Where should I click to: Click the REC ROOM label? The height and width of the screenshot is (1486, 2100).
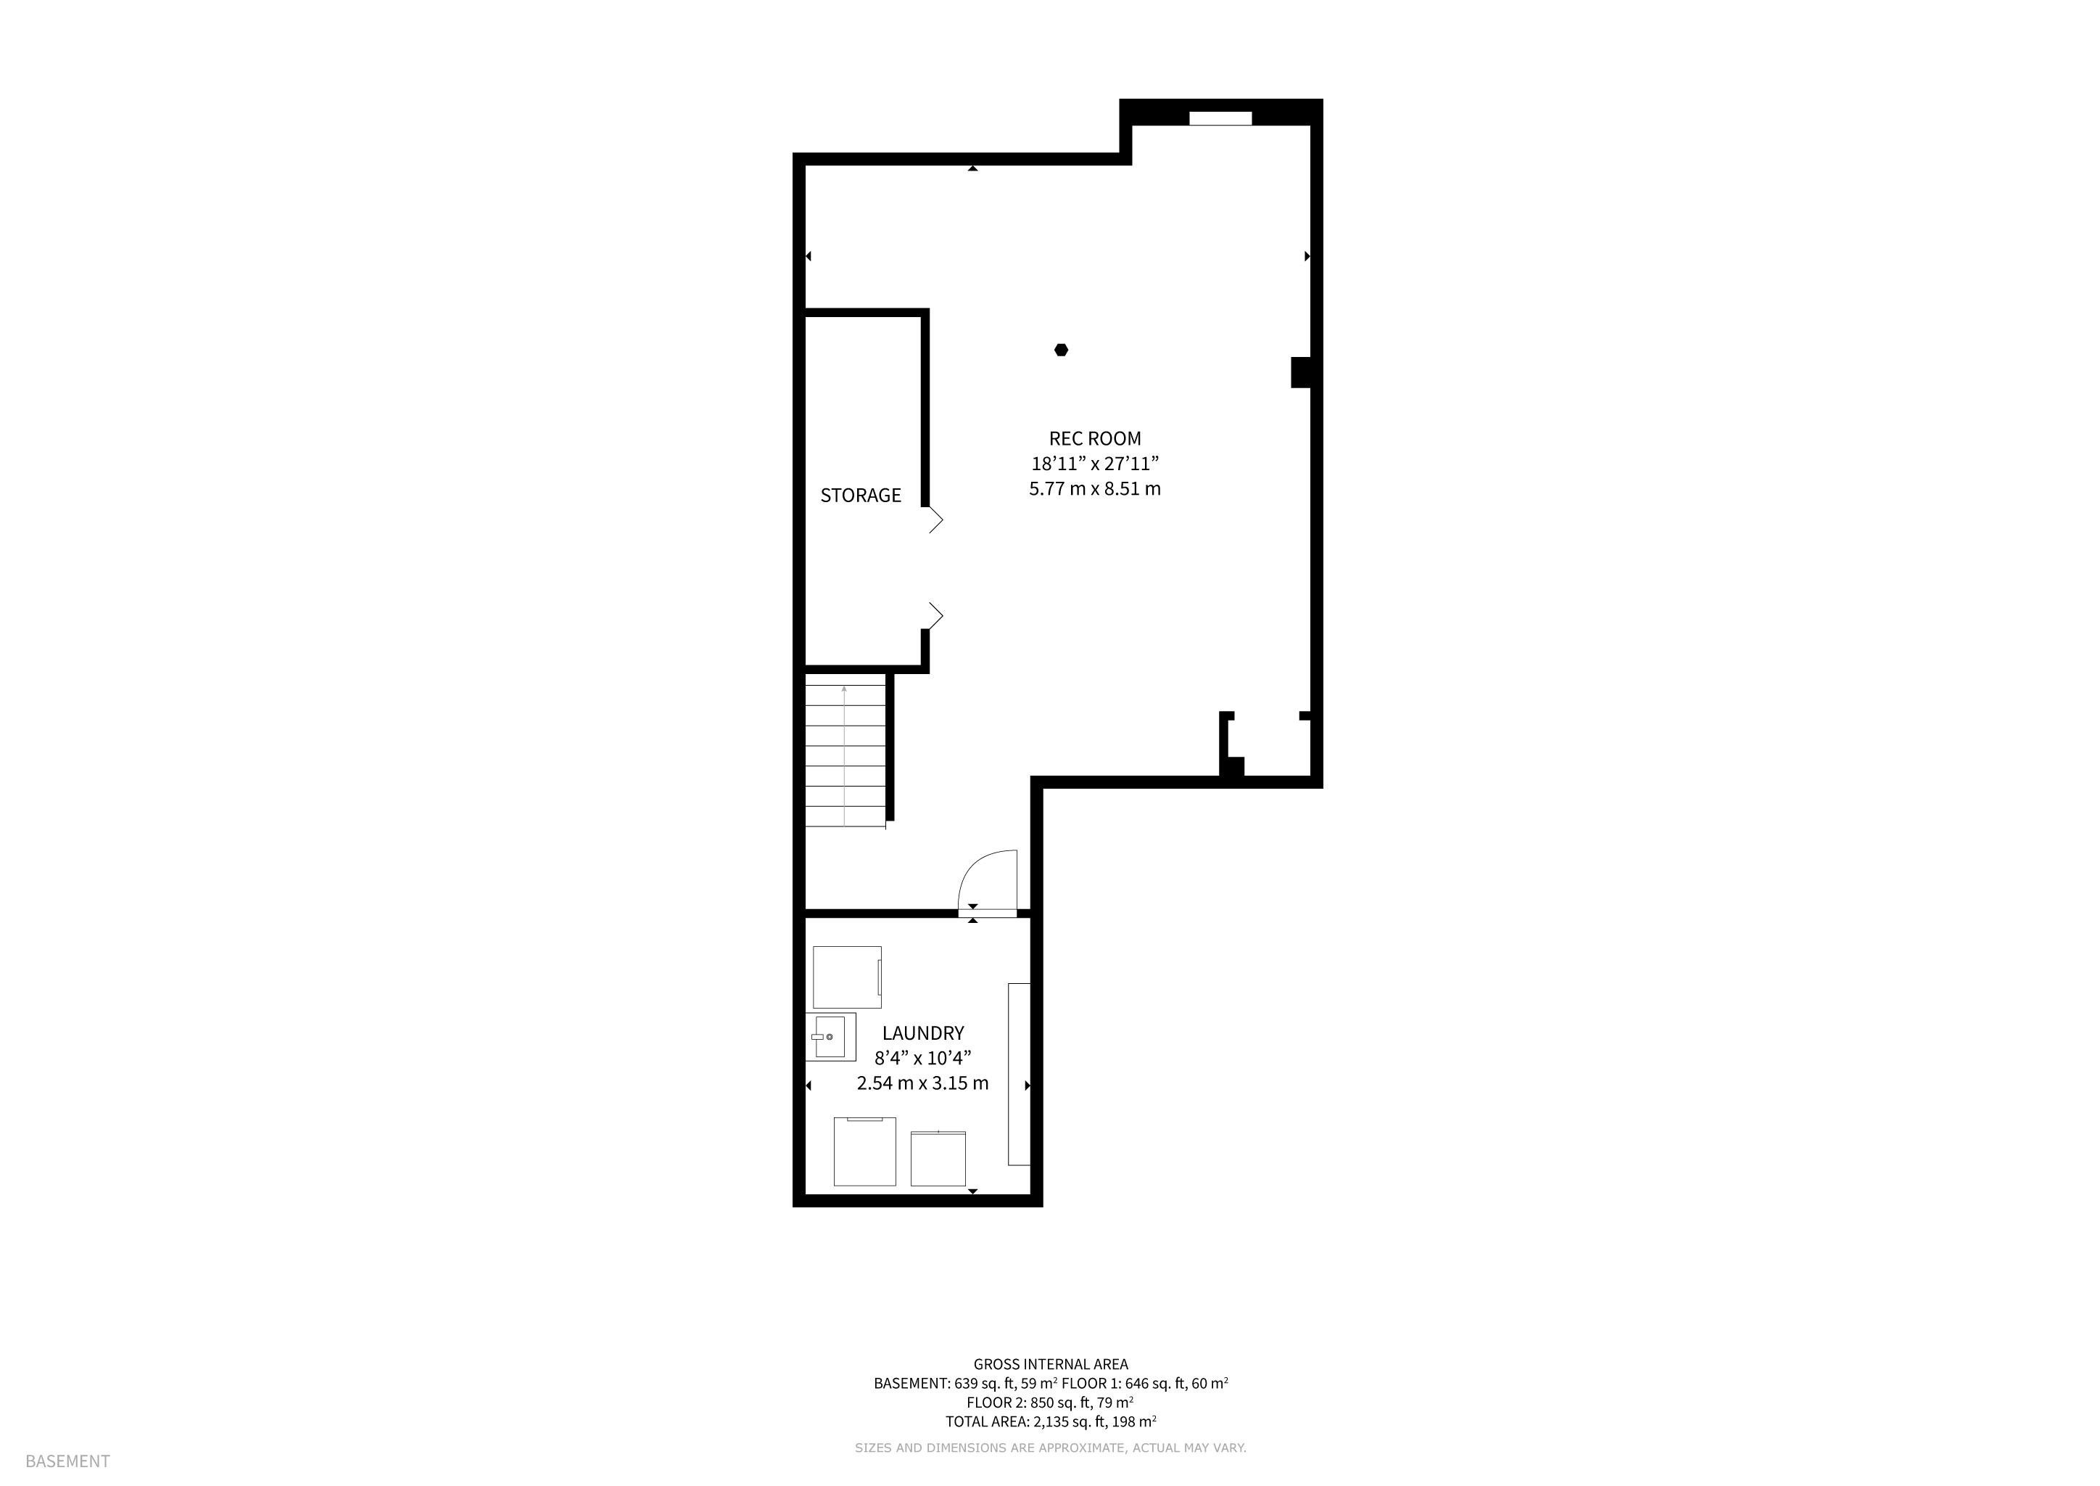click(1095, 438)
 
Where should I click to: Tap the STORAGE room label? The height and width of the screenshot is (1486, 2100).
click(861, 495)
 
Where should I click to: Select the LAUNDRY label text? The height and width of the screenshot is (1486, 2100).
click(923, 1033)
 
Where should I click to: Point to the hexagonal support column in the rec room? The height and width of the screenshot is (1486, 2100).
click(1061, 350)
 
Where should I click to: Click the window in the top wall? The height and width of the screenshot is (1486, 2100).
click(1220, 118)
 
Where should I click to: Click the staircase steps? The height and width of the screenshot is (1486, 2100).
click(845, 750)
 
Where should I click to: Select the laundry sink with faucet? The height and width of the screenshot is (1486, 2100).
click(830, 1037)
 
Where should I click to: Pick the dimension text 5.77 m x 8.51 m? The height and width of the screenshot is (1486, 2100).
click(1095, 488)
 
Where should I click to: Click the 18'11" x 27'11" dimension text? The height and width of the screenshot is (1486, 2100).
click(1095, 463)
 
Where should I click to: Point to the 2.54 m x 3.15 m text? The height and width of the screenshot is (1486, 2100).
click(923, 1083)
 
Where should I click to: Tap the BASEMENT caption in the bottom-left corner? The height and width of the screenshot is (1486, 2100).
click(67, 1461)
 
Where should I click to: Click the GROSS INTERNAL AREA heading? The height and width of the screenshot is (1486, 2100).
click(1051, 1364)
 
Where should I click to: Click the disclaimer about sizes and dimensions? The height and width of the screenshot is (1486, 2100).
click(1051, 1448)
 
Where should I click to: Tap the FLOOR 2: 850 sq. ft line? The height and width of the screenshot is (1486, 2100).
click(1051, 1402)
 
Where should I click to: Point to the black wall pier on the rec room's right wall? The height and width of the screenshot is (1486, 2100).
click(1301, 372)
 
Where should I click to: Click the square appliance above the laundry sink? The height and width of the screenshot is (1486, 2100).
click(847, 977)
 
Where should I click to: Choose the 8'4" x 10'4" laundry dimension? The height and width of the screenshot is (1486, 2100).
click(923, 1058)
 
